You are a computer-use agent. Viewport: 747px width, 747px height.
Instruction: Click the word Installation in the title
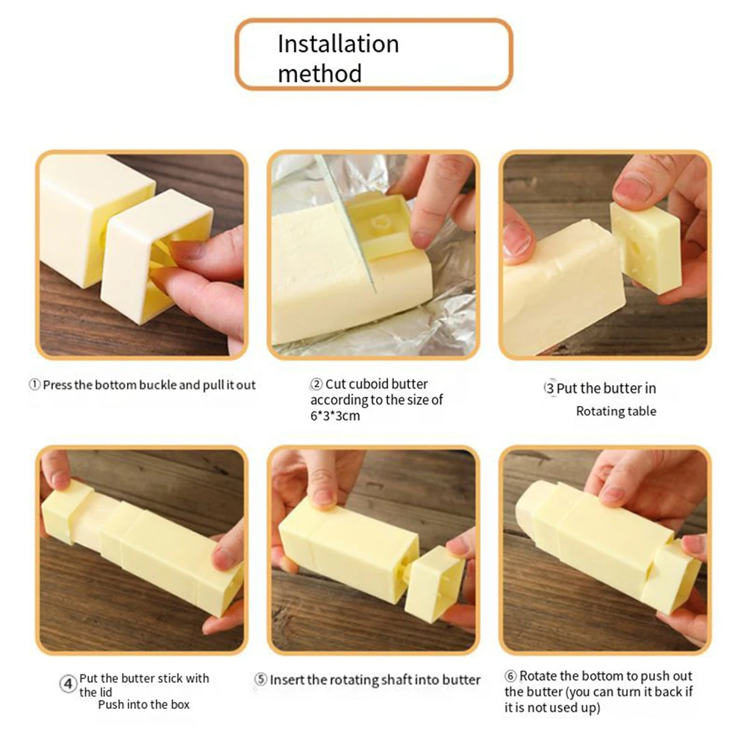338,44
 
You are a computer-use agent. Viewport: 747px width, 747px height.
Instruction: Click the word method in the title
319,73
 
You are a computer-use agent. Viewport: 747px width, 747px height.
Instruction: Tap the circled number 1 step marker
34,385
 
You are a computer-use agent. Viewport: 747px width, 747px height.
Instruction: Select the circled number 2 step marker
316,384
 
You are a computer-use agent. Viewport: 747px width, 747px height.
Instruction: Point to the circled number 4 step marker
68,682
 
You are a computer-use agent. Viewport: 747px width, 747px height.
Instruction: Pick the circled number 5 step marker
260,679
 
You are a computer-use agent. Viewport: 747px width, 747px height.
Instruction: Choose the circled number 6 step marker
510,676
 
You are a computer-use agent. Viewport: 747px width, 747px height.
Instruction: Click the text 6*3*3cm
335,416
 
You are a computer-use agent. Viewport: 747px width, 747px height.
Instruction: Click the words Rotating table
616,411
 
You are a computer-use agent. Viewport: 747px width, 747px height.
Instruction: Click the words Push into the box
143,704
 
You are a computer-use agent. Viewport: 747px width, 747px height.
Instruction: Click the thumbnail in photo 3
634,189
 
